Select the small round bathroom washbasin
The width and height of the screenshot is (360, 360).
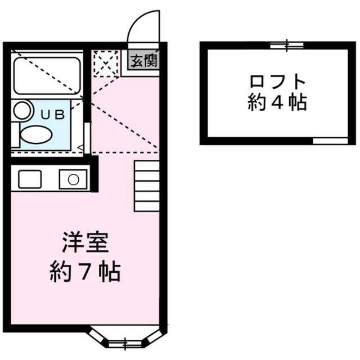click(x=22, y=110)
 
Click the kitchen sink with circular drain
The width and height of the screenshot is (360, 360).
click(x=73, y=179)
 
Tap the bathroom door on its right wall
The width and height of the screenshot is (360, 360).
click(x=87, y=134)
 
